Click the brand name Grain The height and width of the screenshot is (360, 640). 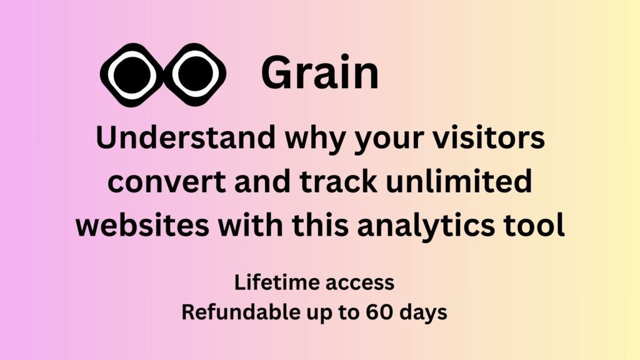pos(319,74)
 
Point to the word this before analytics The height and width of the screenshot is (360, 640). pos(311,225)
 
